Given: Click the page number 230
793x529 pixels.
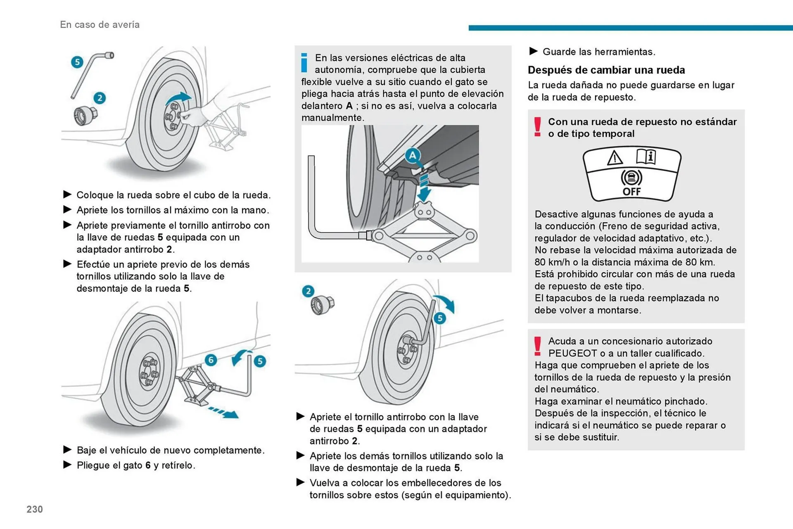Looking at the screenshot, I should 35,509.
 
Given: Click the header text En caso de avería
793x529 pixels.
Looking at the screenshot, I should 100,25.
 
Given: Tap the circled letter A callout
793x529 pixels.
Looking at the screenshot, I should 412,156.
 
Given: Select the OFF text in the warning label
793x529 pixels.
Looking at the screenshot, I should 632,192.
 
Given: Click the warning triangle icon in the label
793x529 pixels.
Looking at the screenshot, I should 615,158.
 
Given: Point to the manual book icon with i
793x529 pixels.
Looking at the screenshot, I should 646,157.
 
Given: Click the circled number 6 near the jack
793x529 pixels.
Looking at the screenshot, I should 211,360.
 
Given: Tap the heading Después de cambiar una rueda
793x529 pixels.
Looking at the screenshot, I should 606,70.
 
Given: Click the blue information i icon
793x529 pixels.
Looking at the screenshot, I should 304,62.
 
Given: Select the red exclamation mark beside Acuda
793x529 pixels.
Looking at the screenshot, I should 537,346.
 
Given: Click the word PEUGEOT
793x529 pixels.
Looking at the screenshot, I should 572,353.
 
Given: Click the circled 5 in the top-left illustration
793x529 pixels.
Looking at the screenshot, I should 77,62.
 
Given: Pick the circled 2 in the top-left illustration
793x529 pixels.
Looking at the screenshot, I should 100,98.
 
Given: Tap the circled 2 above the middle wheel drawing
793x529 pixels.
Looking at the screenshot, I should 308,291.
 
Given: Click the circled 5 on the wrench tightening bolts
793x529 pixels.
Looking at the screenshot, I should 439,318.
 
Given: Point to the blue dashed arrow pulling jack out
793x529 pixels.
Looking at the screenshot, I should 223,412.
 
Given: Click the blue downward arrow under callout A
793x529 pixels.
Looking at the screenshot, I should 424,188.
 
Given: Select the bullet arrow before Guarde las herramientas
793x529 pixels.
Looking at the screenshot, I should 533,51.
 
